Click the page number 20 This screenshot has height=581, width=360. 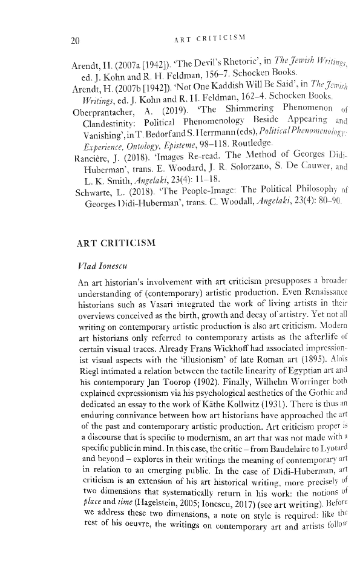(74, 41)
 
